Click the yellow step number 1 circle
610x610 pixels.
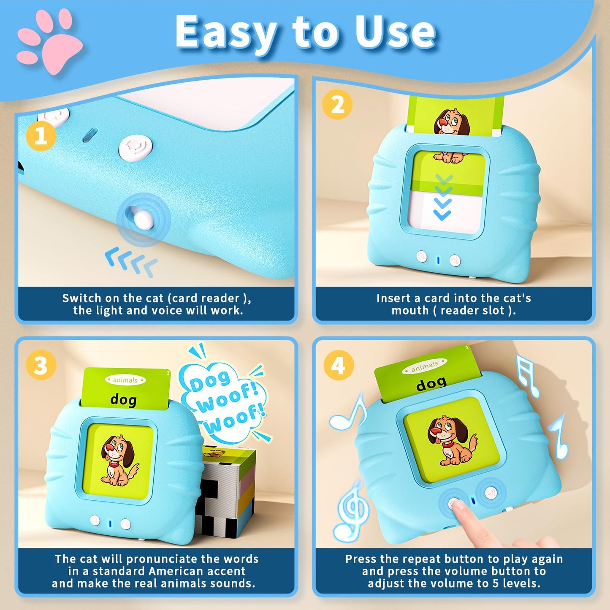point(41,136)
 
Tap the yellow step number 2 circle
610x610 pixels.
point(337,104)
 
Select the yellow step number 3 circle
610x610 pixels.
point(41,365)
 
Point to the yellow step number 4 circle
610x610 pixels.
point(338,365)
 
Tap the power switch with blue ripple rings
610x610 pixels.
point(143,219)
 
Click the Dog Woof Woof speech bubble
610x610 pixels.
point(224,403)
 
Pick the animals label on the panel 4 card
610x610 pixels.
point(424,366)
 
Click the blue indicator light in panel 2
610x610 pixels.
point(438,260)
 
